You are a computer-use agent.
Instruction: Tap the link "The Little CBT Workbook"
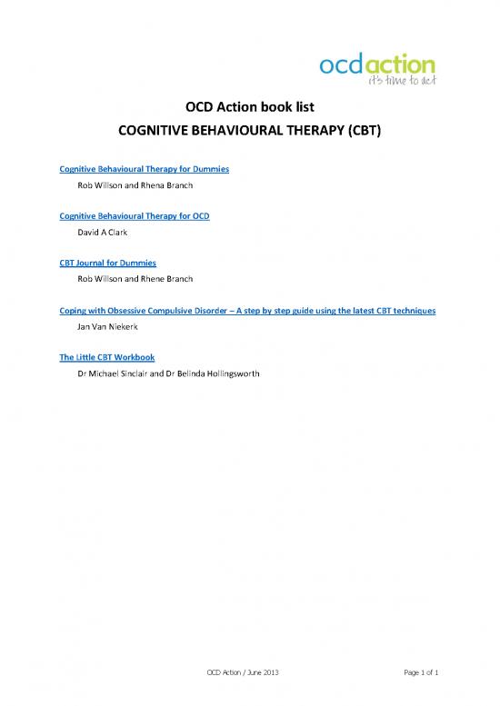100,357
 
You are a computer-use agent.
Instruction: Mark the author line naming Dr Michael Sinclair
169,373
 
